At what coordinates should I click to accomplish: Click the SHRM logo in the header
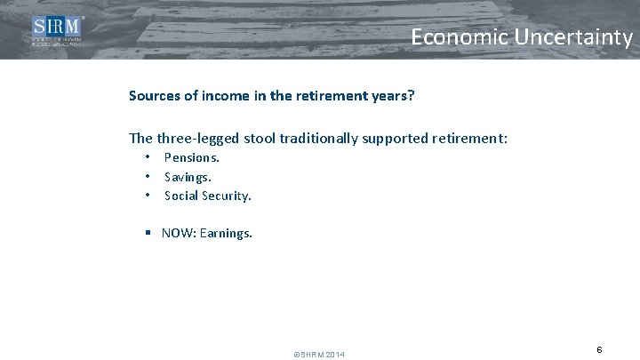[58, 32]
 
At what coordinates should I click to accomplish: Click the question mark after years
[412, 94]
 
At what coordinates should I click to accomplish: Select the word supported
[408, 138]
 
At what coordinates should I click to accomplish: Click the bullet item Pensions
[192, 157]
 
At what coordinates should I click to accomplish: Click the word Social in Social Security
[181, 195]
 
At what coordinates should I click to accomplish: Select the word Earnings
[229, 234]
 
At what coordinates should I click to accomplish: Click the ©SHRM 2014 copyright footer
[319, 355]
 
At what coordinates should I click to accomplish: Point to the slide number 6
[600, 349]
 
